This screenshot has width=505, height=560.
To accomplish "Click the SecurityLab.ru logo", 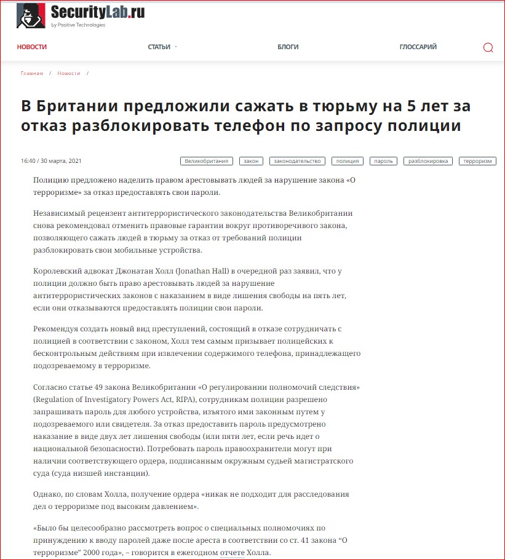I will pyautogui.click(x=80, y=15).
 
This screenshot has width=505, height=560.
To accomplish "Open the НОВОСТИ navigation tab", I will pyautogui.click(x=31, y=47).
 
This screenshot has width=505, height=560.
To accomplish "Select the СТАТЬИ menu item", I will pyautogui.click(x=159, y=47).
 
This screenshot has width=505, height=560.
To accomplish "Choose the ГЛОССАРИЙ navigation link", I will pyautogui.click(x=418, y=47).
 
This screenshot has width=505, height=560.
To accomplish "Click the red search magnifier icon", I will pyautogui.click(x=488, y=48).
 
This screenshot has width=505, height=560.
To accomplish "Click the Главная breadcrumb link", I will pyautogui.click(x=32, y=73).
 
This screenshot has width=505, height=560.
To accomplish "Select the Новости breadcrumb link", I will pyautogui.click(x=69, y=73).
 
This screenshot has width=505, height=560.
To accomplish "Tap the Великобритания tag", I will pyautogui.click(x=207, y=161).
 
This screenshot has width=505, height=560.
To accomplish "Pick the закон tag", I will pyautogui.click(x=251, y=161).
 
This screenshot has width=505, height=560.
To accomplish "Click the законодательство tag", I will pyautogui.click(x=298, y=161).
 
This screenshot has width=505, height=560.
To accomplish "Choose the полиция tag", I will pyautogui.click(x=347, y=161).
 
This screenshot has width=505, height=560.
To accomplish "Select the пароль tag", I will pyautogui.click(x=383, y=161).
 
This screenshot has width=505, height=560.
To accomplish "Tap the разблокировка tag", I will pyautogui.click(x=428, y=161).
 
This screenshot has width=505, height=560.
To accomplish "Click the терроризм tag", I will pyautogui.click(x=478, y=161).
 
